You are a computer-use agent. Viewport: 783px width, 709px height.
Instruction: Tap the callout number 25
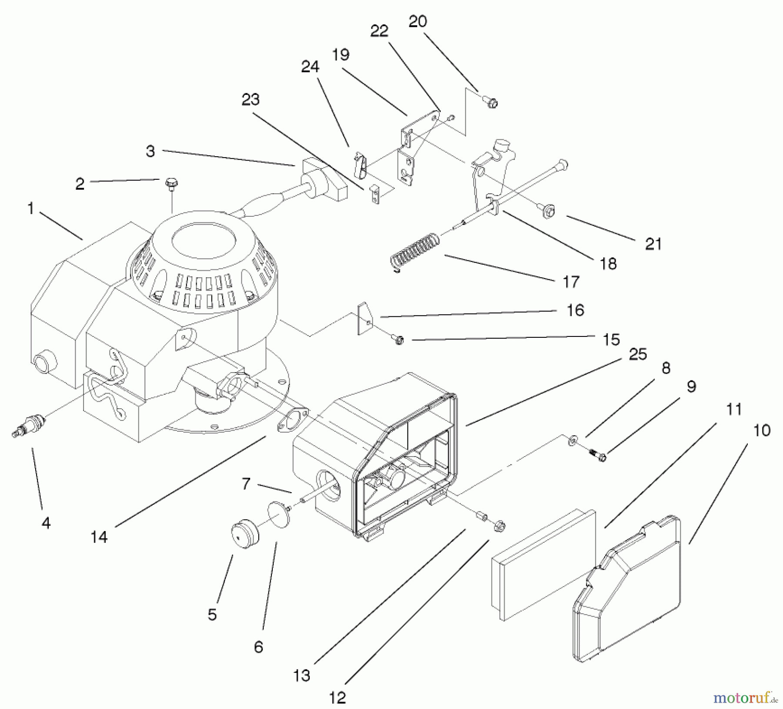pyautogui.click(x=638, y=354)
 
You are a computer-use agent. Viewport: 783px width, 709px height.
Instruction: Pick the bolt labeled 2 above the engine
pyautogui.click(x=170, y=185)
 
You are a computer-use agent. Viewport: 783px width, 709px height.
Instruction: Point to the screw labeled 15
pyautogui.click(x=398, y=339)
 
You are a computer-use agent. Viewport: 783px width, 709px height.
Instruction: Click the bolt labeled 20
pyautogui.click(x=492, y=103)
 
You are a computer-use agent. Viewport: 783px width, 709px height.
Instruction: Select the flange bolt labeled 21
pyautogui.click(x=549, y=212)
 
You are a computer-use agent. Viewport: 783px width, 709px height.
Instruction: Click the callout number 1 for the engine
pyautogui.click(x=30, y=208)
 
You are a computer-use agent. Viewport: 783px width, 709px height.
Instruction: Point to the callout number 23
pyautogui.click(x=251, y=100)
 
